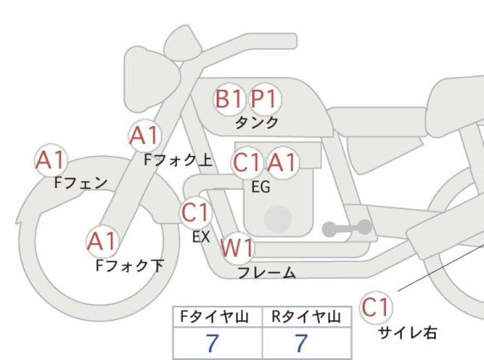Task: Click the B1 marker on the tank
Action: tap(229, 99)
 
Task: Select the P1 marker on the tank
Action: tap(265, 99)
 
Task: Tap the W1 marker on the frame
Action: tap(237, 248)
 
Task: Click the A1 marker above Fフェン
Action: tap(51, 160)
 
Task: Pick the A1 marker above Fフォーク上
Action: tap(145, 135)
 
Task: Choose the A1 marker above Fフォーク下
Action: tap(102, 241)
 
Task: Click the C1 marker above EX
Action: tap(196, 212)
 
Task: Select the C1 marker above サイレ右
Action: tap(376, 307)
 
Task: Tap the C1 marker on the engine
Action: tap(247, 162)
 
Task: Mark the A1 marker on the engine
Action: tap(283, 162)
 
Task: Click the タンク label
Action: tap(257, 123)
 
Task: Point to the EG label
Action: tap(261, 187)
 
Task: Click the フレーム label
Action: tap(267, 273)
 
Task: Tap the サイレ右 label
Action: tap(408, 333)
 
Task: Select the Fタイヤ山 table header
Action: tap(214, 317)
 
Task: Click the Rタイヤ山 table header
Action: tap(306, 317)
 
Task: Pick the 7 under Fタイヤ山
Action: tap(212, 343)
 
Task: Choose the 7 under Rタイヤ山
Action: tap(301, 343)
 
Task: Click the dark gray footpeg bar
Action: tap(347, 228)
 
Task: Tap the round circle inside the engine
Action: tap(278, 219)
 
